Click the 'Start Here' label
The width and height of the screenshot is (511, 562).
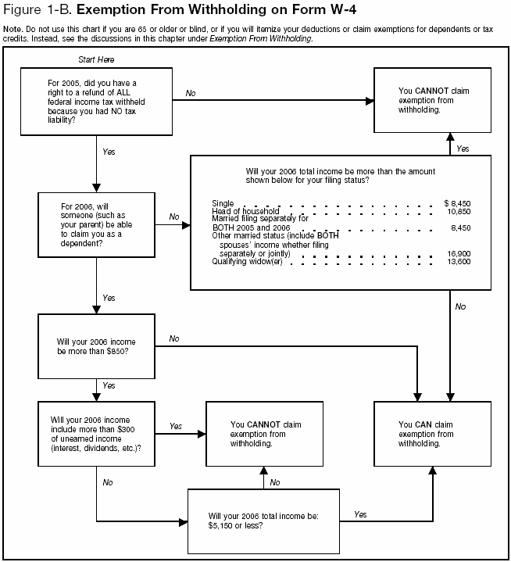click(x=98, y=59)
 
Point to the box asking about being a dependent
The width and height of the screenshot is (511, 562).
click(x=96, y=224)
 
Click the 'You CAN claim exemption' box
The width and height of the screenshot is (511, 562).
click(x=433, y=433)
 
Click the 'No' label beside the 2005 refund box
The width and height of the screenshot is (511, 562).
click(x=191, y=93)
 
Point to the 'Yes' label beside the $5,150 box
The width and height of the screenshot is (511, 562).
click(x=360, y=514)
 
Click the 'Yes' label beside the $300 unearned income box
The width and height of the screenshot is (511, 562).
click(x=176, y=427)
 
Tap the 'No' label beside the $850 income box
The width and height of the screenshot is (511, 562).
click(x=173, y=338)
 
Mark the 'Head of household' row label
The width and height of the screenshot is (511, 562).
click(x=245, y=211)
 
